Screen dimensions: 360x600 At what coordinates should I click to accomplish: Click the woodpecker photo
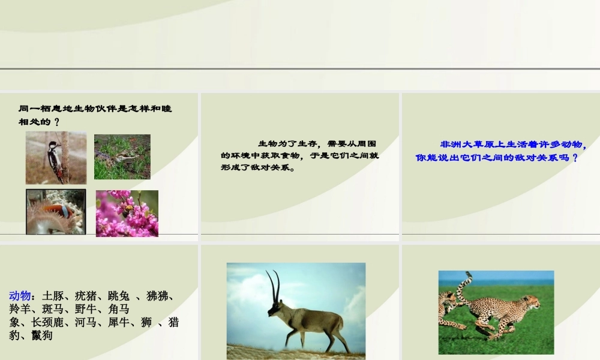click(56, 158)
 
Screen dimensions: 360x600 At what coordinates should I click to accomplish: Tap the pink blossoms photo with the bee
click(127, 213)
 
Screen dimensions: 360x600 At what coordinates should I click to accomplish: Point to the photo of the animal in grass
click(122, 157)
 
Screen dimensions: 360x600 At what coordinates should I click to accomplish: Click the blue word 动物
click(20, 296)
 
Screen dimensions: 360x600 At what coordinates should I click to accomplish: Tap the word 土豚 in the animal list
click(53, 296)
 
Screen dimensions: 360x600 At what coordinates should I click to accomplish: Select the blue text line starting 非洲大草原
click(514, 145)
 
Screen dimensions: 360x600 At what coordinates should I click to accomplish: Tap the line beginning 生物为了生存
click(318, 143)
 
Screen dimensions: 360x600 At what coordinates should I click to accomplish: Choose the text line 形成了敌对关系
click(258, 168)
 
